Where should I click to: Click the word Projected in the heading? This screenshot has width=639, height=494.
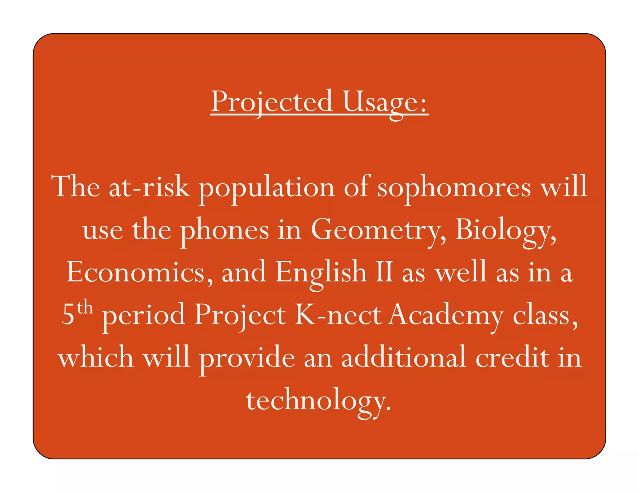tap(272, 101)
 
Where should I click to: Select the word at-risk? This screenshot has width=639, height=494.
tap(149, 187)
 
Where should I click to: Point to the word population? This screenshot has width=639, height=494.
tap(267, 187)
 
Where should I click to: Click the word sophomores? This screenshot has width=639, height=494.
tap(454, 187)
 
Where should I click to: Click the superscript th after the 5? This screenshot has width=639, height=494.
tap(85, 308)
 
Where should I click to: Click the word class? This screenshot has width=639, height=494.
tap(545, 315)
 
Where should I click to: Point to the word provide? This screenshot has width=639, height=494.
tap(247, 358)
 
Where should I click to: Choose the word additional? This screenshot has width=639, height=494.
tap(404, 358)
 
